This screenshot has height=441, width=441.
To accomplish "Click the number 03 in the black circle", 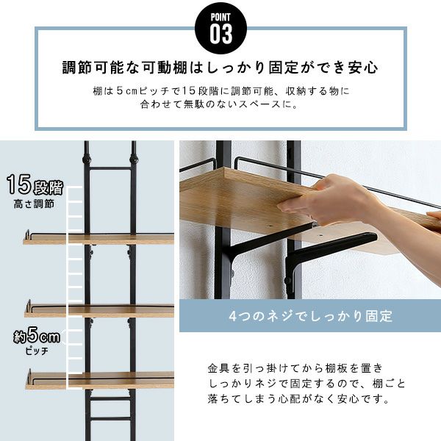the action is click(x=221, y=34).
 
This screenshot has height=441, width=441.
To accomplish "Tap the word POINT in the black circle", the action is click(x=220, y=18).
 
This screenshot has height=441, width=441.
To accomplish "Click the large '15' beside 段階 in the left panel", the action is click(x=19, y=184).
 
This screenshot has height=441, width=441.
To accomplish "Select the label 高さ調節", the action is click(x=34, y=204).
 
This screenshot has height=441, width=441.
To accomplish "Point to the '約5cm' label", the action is click(x=37, y=335).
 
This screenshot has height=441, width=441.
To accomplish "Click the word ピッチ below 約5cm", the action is click(x=37, y=351).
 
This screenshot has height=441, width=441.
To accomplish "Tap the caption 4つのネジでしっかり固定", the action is click(x=310, y=316).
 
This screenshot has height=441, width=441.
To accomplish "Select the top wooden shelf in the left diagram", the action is click(x=98, y=239).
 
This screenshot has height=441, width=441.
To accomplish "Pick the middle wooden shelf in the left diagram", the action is click(x=99, y=312).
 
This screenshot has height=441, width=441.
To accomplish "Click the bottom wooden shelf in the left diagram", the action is click(x=99, y=380).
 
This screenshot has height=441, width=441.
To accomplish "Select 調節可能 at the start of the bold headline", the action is click(x=93, y=68).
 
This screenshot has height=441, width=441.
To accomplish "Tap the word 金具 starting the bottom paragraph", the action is click(x=218, y=368).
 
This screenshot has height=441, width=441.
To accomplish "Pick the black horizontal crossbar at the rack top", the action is click(x=110, y=168).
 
